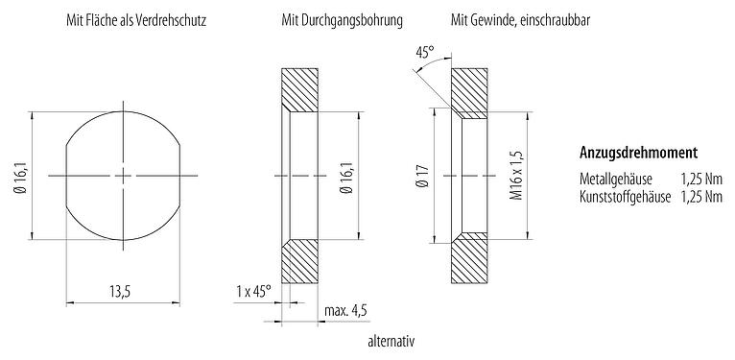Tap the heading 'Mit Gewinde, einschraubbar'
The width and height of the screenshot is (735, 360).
tap(512, 19)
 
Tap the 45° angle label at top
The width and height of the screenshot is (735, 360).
tap(425, 54)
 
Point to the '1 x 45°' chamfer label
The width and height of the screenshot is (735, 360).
tap(253, 290)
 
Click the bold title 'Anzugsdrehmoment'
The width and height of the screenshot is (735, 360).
tap(638, 154)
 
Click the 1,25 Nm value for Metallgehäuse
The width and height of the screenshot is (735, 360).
tap(700, 180)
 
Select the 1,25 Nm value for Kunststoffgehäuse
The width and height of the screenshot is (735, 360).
tap(700, 197)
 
